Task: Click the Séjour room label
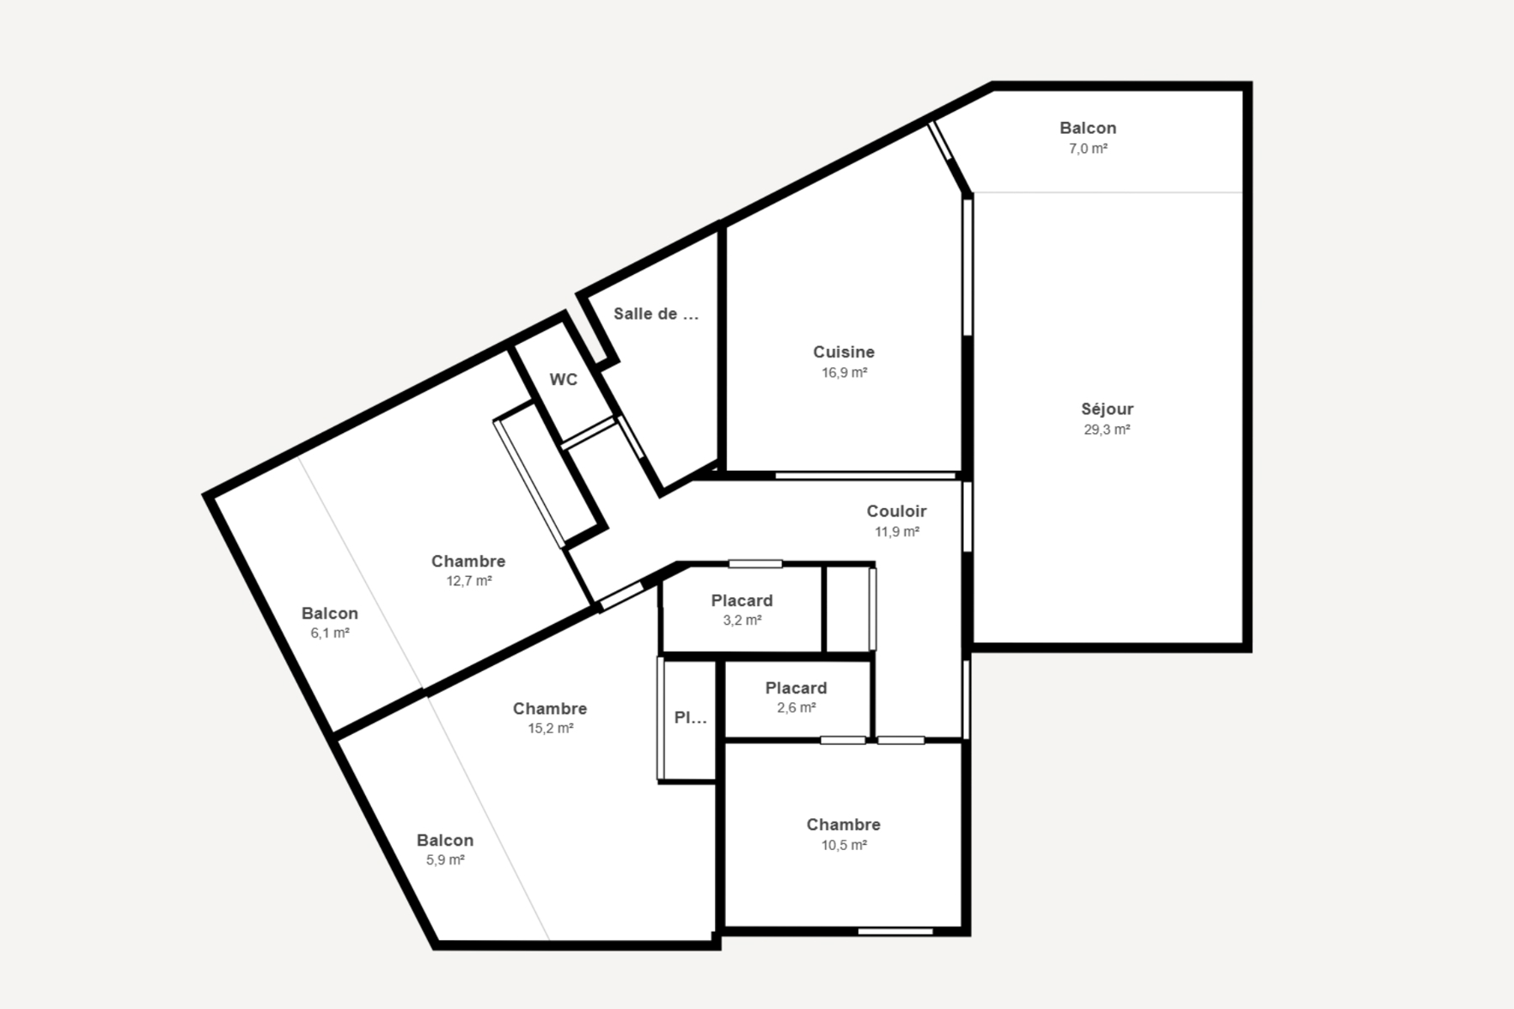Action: (1107, 409)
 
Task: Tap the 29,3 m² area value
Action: (1107, 430)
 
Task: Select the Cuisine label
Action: (844, 352)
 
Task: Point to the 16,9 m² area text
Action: (844, 372)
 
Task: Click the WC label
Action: (564, 380)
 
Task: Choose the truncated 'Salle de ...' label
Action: (656, 314)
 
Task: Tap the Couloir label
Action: (897, 511)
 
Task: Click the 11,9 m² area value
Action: (897, 531)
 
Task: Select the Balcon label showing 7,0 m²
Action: (1088, 128)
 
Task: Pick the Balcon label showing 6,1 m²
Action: (330, 613)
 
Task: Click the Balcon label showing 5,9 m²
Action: (445, 840)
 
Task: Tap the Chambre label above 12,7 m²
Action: (468, 561)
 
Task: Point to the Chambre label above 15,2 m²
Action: (550, 709)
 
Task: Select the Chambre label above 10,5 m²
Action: (844, 825)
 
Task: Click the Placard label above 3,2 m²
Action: (742, 600)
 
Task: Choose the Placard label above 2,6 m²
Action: (796, 688)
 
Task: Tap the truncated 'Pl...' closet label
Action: (691, 718)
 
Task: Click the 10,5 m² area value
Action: (844, 845)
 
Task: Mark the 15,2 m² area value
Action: (551, 729)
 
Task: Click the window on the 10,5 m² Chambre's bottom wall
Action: (896, 931)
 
